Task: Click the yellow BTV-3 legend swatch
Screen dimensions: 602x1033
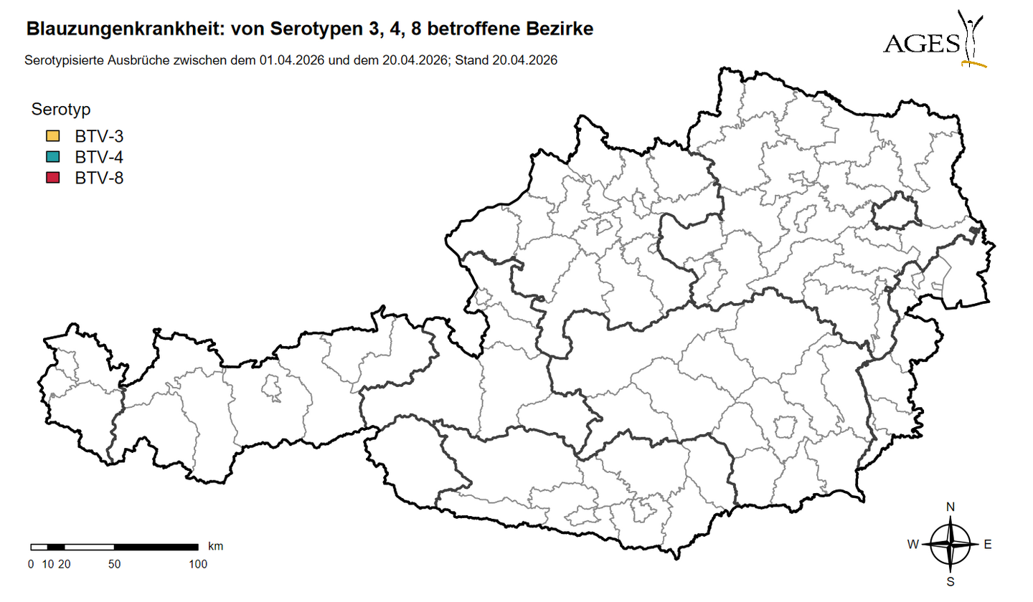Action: point(52,136)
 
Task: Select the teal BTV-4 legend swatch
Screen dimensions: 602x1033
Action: point(52,157)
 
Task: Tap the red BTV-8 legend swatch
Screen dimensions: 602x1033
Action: point(52,178)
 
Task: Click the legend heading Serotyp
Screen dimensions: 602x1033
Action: point(60,110)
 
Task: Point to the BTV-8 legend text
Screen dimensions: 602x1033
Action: point(99,178)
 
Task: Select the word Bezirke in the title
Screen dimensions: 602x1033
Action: point(563,29)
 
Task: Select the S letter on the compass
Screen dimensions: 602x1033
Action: point(951,581)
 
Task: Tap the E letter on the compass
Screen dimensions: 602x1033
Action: point(988,545)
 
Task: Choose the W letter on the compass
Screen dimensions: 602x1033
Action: point(912,545)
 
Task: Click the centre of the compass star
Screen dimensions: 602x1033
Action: point(951,545)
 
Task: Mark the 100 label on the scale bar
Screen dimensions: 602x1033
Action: point(197,564)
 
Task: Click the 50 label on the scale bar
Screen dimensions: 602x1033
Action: point(114,564)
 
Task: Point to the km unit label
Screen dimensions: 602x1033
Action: point(215,546)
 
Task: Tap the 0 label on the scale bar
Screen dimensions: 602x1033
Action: point(31,564)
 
